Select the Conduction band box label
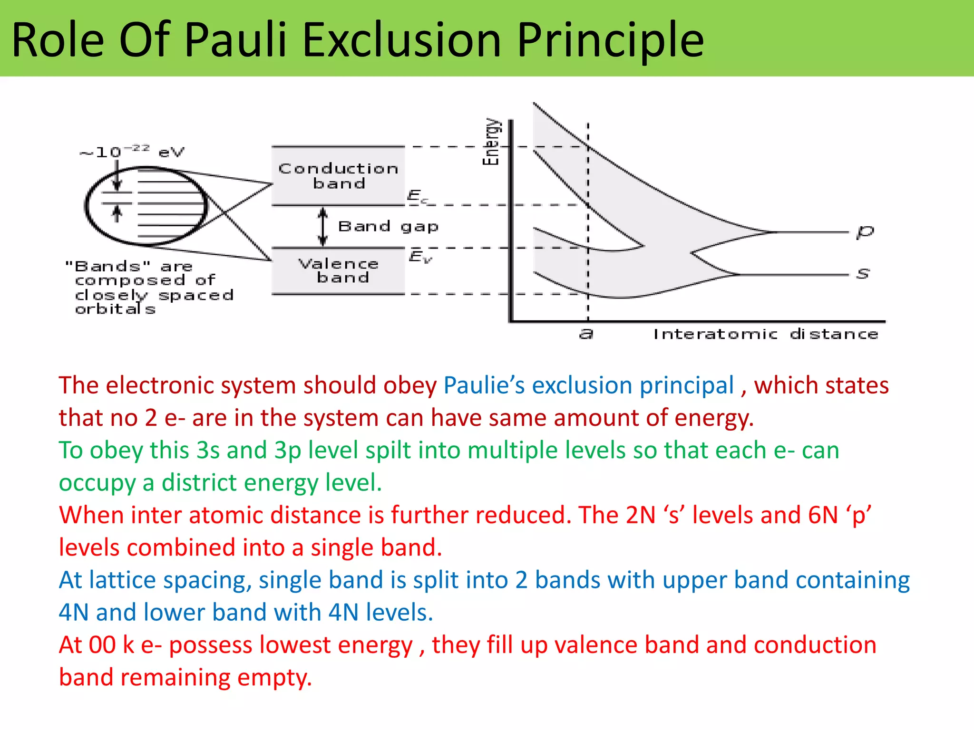point(338,176)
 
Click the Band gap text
point(388,226)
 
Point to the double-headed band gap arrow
point(323,227)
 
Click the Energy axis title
point(491,142)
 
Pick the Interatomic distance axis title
point(766,334)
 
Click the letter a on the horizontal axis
point(586,334)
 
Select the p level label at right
point(865,232)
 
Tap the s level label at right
point(863,274)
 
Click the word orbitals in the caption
point(116,309)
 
